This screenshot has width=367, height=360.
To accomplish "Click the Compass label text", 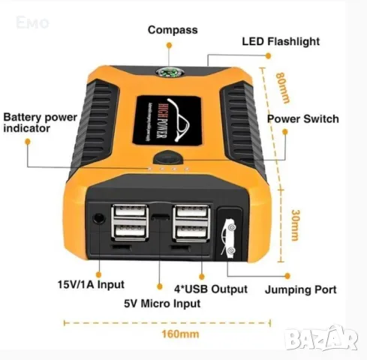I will [x=172, y=30].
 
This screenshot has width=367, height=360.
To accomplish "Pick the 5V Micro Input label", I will [x=162, y=304].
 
